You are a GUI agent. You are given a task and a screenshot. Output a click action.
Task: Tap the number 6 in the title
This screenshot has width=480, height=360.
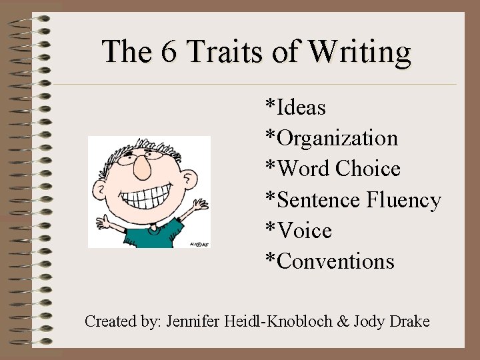168,51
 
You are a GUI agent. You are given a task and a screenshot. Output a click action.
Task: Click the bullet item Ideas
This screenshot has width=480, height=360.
301,107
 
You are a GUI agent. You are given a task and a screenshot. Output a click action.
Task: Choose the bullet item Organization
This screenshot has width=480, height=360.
337,139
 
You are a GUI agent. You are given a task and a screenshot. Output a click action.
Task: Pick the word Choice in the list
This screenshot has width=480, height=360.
368,169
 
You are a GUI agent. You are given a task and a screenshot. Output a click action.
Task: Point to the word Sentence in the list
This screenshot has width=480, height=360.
318,200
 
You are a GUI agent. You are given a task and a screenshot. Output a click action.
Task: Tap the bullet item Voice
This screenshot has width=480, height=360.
304,231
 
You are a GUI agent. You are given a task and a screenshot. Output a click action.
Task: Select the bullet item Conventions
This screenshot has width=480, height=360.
335,261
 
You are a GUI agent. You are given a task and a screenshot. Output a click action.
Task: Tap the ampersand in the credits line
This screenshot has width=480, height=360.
344,321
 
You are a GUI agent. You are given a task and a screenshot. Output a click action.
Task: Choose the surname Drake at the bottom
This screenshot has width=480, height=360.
408,321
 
